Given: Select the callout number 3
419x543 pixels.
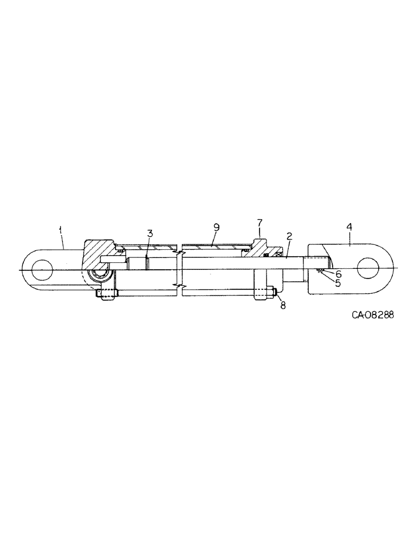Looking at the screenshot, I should tap(150, 234).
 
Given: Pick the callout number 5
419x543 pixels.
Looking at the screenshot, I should tap(338, 283).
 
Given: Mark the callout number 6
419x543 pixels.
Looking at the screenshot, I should tap(338, 274).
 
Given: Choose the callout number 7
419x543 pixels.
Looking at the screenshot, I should tap(259, 224).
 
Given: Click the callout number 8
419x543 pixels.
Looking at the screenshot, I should tap(282, 306).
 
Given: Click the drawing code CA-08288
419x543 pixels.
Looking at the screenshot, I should tap(369, 315).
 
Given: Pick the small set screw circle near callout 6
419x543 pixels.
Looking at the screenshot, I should tap(321, 271).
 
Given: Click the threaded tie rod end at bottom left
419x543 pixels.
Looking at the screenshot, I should tap(106, 294).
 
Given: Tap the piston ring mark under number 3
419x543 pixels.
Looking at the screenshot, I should tap(147, 260).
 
